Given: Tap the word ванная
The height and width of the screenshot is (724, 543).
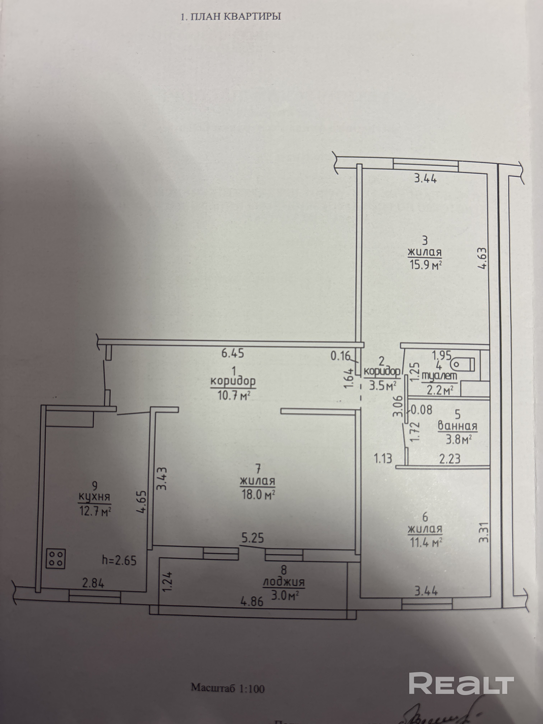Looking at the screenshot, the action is [457, 426].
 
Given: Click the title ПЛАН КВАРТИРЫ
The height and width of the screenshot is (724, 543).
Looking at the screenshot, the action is [231, 16].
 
